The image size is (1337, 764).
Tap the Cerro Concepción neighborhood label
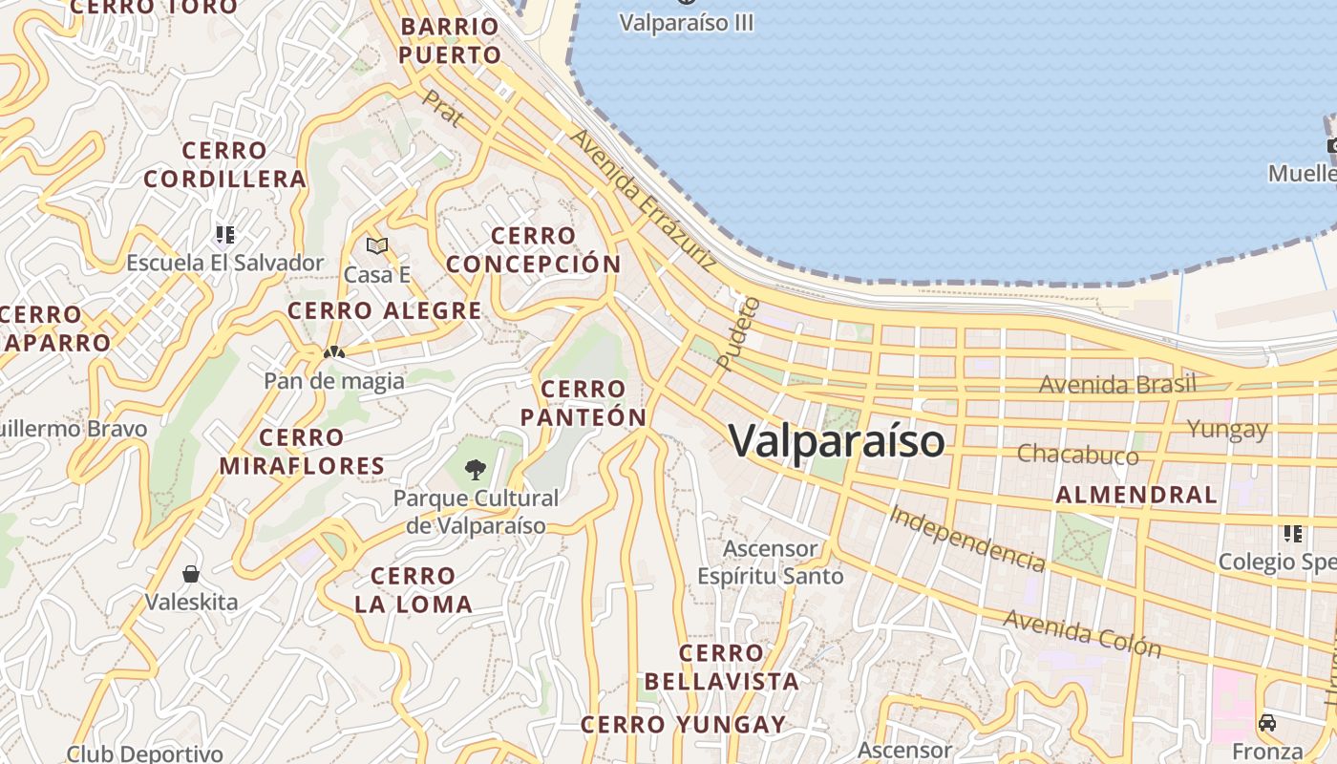[x=534, y=250]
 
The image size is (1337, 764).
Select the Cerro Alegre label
[x=385, y=310]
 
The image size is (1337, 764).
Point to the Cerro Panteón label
[x=584, y=403]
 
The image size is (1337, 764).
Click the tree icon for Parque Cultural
[x=475, y=469]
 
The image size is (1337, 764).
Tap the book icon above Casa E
[x=377, y=246]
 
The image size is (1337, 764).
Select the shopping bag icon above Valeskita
[x=191, y=574]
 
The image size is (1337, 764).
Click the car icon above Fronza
[x=1267, y=723]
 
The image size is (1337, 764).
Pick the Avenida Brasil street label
[x=1117, y=384]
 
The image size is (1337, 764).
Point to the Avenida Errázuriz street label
[x=642, y=199]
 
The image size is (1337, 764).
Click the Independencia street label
[x=966, y=538]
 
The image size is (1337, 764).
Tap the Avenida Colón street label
[x=1082, y=633]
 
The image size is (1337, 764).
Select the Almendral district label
[x=1136, y=495]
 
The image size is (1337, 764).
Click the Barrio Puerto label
[x=450, y=40]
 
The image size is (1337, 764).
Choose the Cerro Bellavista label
[x=721, y=667]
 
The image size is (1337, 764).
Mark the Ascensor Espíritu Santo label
[x=771, y=562]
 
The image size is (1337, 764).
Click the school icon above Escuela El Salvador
[x=224, y=234]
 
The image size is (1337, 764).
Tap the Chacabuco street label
[x=1077, y=454]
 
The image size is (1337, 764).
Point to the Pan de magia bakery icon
[x=333, y=352]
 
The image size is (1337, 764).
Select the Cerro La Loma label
[x=414, y=589]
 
